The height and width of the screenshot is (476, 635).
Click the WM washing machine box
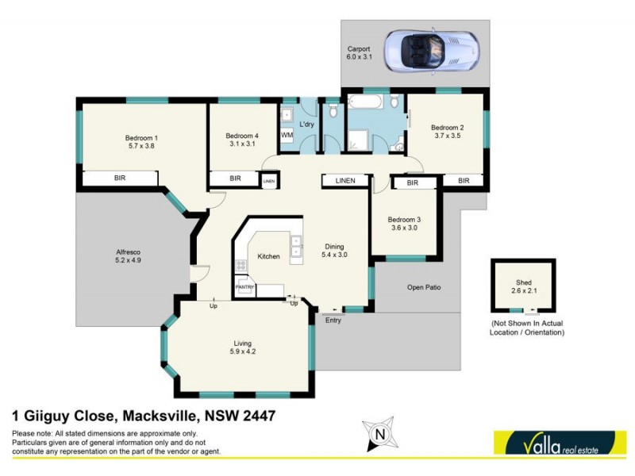tap(287, 136)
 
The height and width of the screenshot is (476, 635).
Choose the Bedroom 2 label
tap(447, 132)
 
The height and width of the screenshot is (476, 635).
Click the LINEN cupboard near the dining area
tap(346, 181)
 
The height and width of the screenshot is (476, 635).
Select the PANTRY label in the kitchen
tap(243, 286)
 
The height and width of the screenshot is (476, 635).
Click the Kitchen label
tap(269, 257)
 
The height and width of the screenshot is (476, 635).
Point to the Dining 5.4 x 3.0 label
tap(333, 250)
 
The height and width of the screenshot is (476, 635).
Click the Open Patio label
tap(423, 287)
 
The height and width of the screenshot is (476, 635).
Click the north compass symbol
tap(379, 434)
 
